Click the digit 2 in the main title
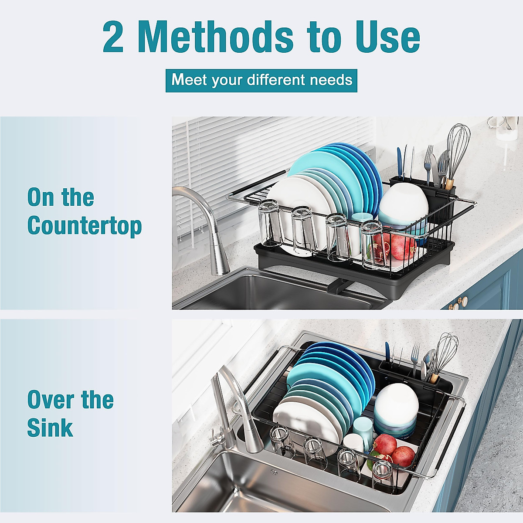(x=113, y=37)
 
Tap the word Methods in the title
(x=215, y=37)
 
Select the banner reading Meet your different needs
(x=261, y=80)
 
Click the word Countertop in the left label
(x=85, y=226)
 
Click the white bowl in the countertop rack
(x=403, y=205)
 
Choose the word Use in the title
(x=388, y=37)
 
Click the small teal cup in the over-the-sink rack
(x=363, y=429)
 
